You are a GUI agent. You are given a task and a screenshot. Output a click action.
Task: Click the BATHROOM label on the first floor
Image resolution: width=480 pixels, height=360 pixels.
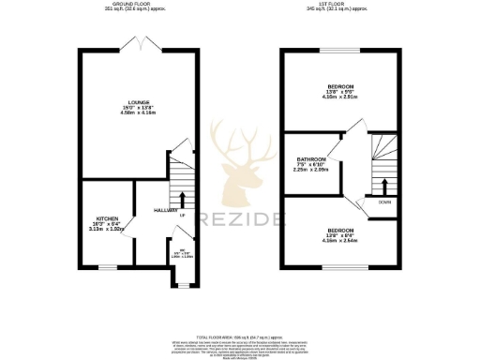click(x=311, y=159)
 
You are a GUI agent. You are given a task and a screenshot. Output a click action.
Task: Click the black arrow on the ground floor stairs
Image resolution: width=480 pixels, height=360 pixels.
click(x=181, y=199)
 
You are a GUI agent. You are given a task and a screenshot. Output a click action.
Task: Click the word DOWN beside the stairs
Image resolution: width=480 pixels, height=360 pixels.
click(x=384, y=202)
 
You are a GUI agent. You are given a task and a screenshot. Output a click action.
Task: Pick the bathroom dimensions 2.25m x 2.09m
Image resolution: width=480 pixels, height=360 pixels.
click(x=311, y=171)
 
